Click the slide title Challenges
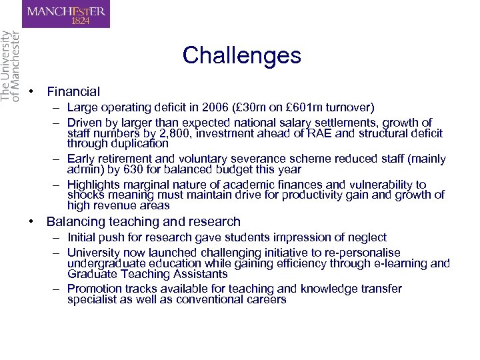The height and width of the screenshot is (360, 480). [x=241, y=55]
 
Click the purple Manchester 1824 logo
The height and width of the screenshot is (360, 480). [x=65, y=14]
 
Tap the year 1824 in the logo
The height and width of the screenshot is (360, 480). [x=79, y=21]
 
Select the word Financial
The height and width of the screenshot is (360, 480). [x=73, y=92]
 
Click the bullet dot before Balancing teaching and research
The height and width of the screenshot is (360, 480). [x=31, y=221]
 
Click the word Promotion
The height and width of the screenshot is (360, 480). [x=94, y=289]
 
